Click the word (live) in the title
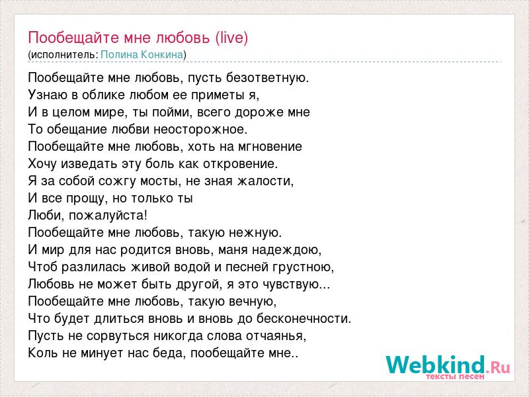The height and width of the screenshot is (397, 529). click(232, 38)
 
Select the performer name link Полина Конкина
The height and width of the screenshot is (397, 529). click(142, 55)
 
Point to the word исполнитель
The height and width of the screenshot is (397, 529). click(63, 55)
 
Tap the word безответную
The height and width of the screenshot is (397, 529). click(267, 78)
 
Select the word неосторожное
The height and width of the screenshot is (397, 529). click(200, 130)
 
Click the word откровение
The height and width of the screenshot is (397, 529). click(240, 164)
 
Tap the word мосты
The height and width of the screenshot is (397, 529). click(159, 181)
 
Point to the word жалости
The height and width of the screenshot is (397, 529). click(266, 181)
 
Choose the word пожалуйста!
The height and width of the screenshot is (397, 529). click(108, 216)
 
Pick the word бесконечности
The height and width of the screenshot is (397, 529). click(304, 319)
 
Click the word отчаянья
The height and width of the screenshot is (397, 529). click(276, 336)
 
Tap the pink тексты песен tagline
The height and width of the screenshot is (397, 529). click(455, 376)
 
